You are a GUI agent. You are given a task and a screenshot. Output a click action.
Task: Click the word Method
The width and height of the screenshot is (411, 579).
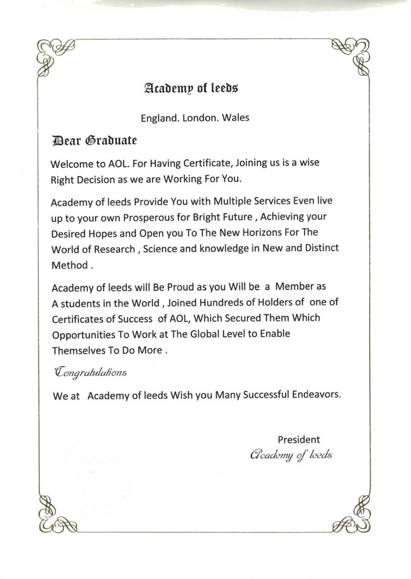[x=70, y=264]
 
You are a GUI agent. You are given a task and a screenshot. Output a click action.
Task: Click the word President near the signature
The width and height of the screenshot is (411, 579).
[x=298, y=439]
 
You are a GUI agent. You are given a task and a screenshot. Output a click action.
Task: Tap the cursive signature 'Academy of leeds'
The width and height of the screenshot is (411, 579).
[x=293, y=455]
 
